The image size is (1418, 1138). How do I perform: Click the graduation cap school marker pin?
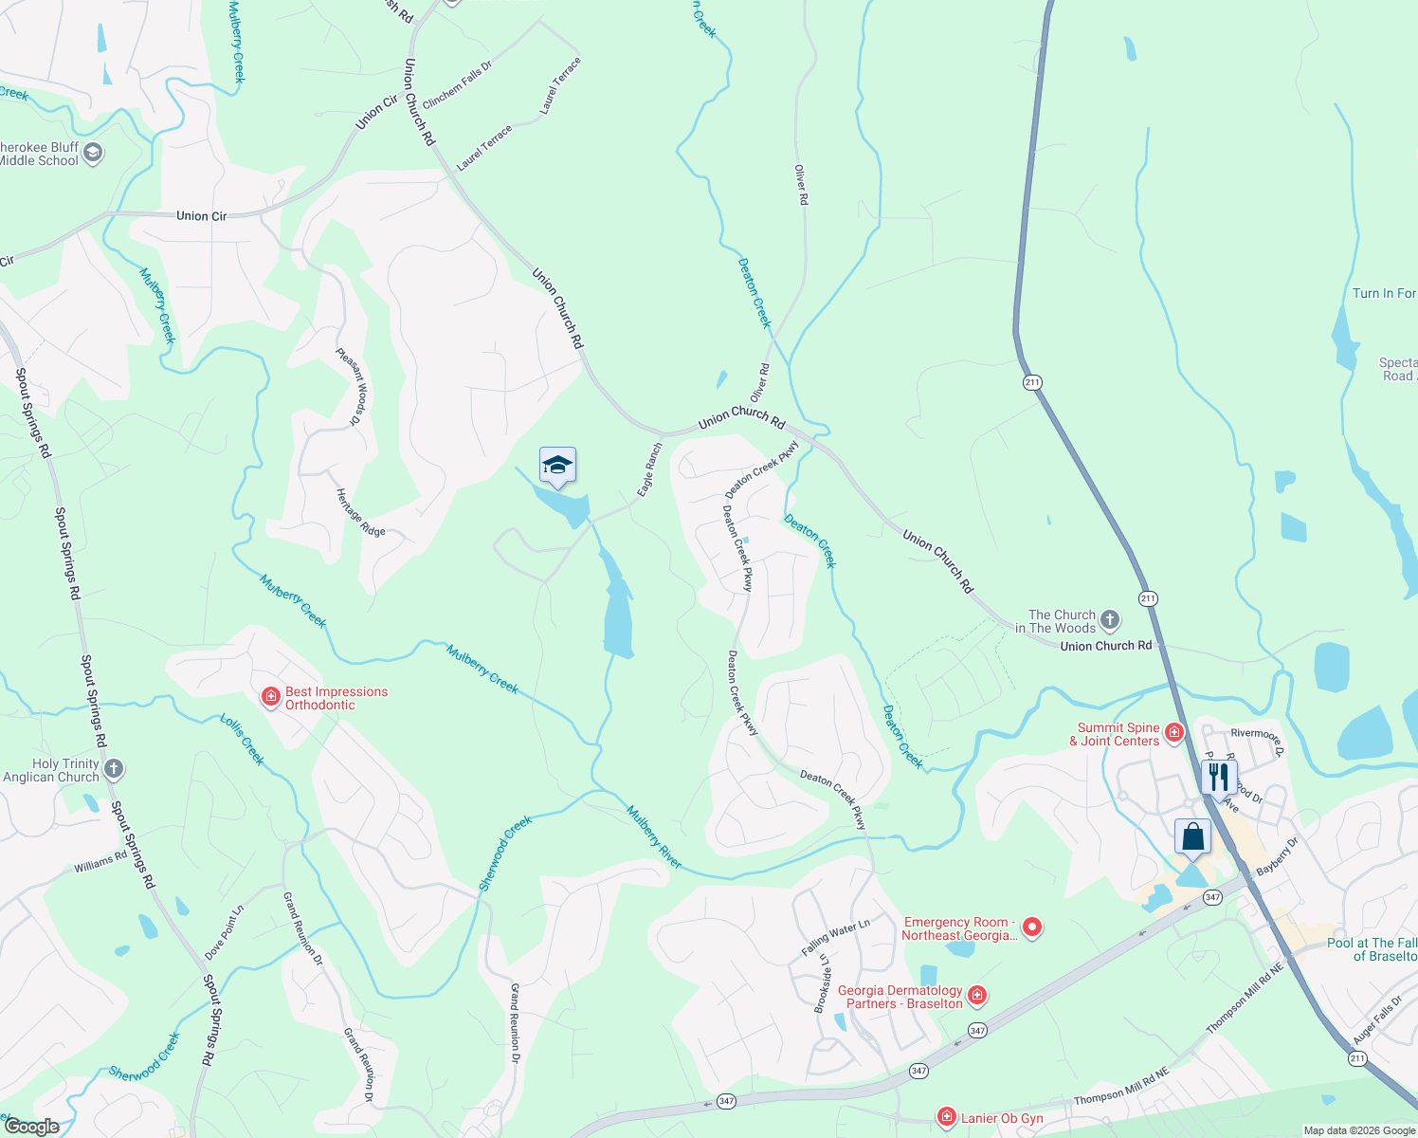(x=557, y=466)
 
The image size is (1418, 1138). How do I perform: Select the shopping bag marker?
(x=1192, y=837)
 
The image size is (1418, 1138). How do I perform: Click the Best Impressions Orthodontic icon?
(x=271, y=698)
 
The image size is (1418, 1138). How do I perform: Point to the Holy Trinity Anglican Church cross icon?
(x=114, y=769)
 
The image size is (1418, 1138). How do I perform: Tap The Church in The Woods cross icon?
(x=1110, y=621)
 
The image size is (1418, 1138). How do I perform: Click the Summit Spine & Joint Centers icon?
(x=1174, y=733)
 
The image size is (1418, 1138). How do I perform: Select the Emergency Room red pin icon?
(x=1032, y=927)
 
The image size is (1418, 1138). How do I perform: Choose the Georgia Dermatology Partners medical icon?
(x=977, y=996)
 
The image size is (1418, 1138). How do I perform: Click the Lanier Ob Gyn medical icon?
(x=946, y=1118)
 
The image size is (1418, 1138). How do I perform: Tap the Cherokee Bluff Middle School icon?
(x=93, y=154)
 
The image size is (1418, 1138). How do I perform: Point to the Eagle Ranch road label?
(x=649, y=469)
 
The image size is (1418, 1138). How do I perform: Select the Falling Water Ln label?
(x=835, y=940)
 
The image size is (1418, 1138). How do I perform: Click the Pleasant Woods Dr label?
(x=350, y=386)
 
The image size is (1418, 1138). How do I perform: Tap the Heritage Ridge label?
(x=361, y=512)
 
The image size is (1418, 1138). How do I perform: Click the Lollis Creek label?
(x=242, y=740)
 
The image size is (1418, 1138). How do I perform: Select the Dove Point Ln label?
(x=224, y=933)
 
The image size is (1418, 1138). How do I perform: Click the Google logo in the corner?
(x=31, y=1127)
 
